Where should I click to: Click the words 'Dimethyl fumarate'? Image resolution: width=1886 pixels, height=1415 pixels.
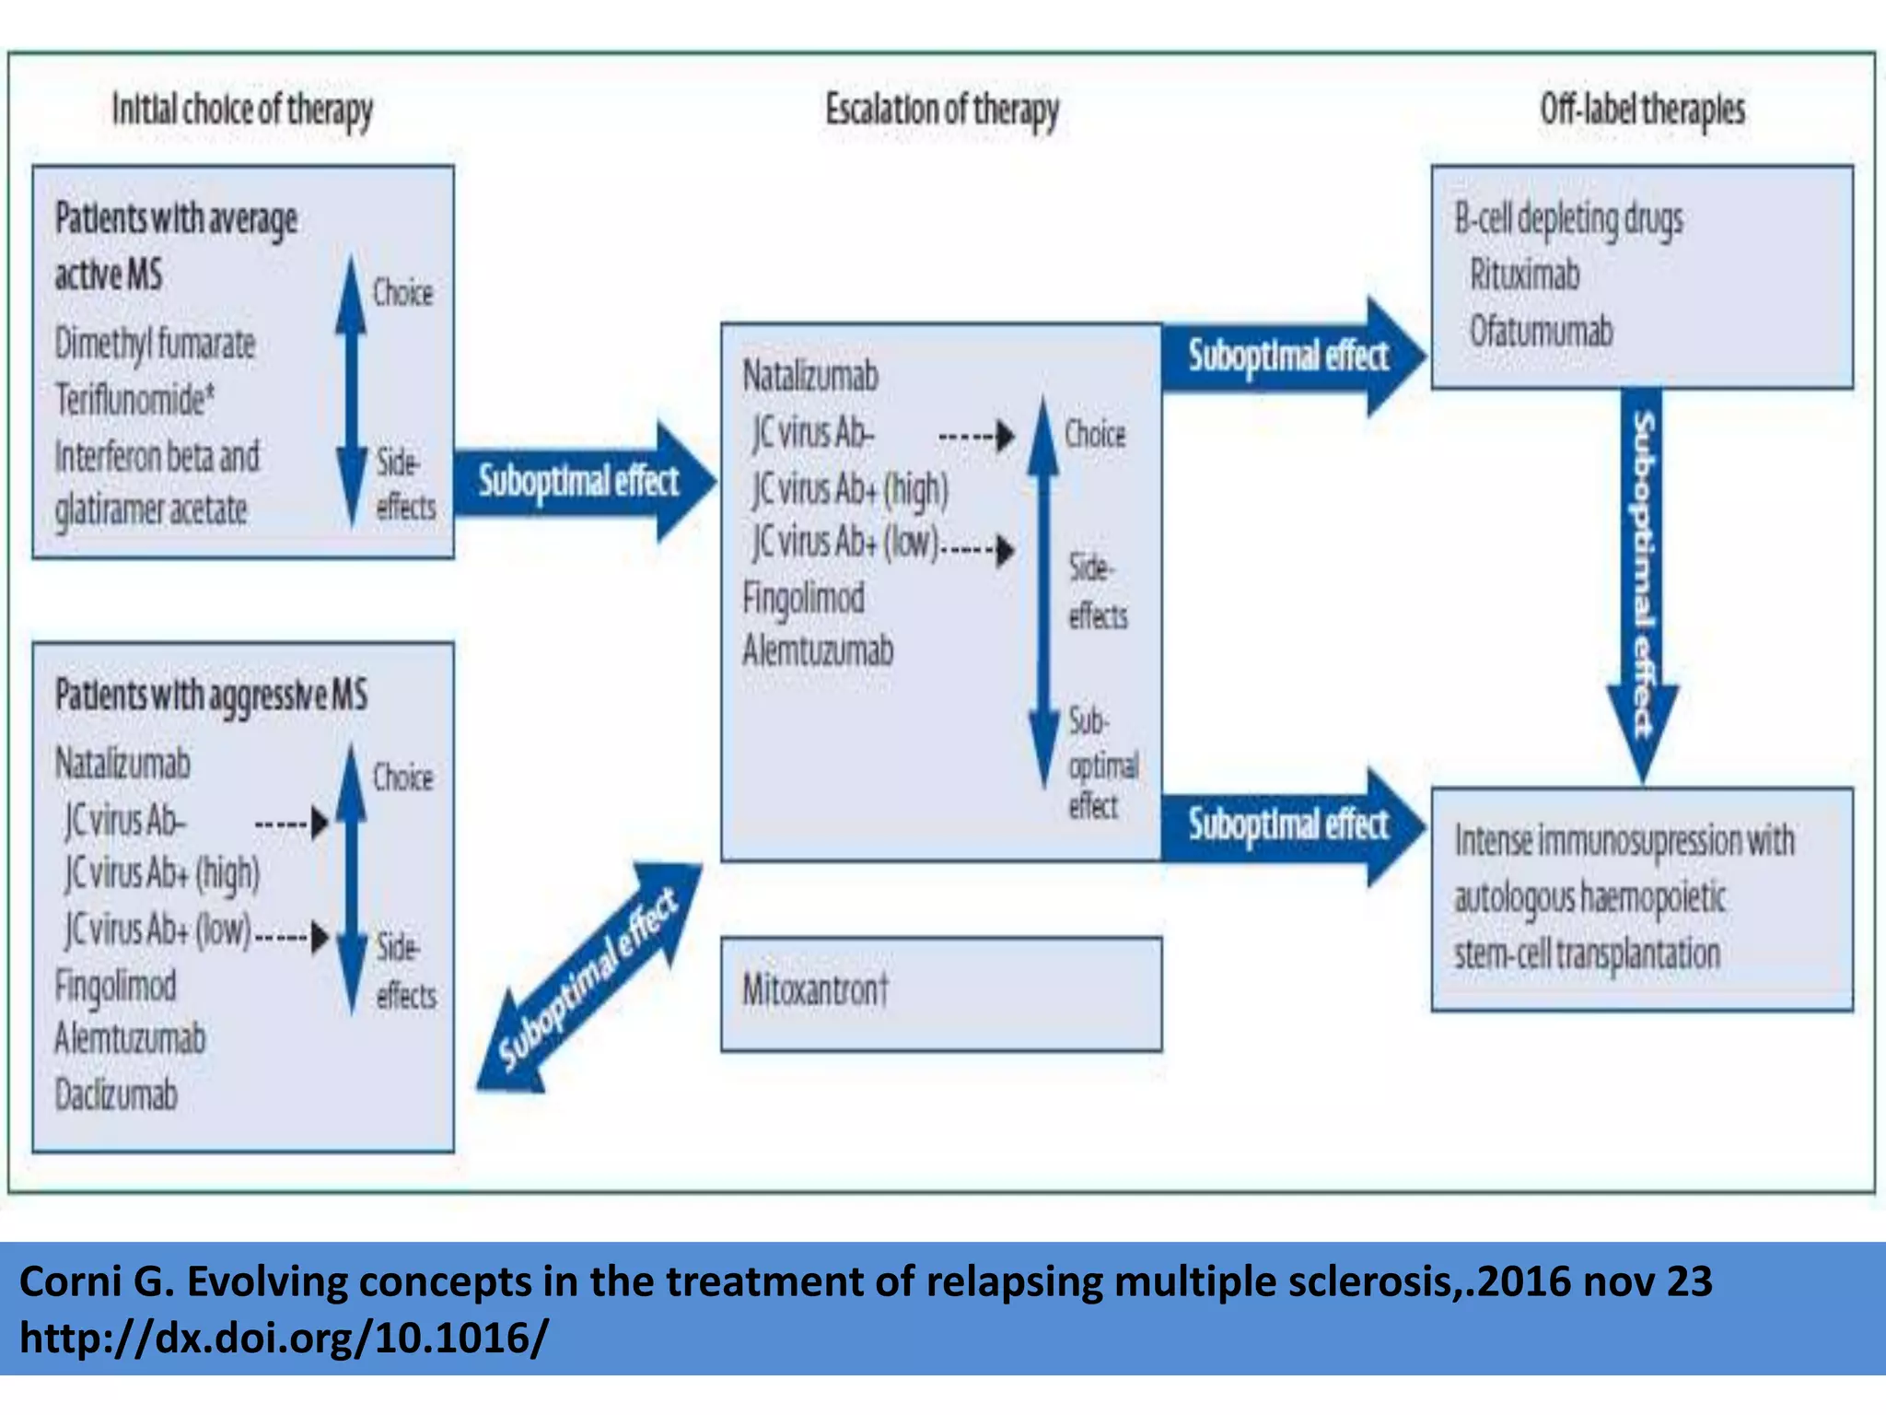coord(155,344)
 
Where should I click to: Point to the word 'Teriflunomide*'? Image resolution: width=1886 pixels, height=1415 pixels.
coord(134,400)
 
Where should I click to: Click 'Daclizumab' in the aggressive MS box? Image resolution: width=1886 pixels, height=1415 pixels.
coord(116,1095)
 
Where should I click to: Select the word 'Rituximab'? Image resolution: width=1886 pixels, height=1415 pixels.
coord(1524,275)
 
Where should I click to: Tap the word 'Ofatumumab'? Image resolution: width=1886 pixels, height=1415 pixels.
coord(1541,332)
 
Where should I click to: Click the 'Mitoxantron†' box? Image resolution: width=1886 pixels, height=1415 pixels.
coord(940,993)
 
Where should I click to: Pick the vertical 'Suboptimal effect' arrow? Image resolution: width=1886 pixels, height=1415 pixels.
coord(1643,580)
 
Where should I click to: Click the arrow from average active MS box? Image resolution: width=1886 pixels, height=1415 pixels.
coord(580,481)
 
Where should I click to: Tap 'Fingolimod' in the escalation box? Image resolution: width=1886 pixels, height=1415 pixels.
coord(803,598)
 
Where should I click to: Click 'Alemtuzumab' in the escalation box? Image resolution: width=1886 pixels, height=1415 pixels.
coord(818,651)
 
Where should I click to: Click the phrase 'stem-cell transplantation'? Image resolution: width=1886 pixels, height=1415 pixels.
coord(1587,953)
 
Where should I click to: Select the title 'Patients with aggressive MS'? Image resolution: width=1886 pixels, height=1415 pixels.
coord(211,696)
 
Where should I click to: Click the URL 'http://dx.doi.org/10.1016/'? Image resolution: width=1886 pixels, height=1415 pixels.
coord(284,1338)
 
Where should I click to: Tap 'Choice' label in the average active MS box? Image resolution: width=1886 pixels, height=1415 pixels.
coord(402,293)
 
